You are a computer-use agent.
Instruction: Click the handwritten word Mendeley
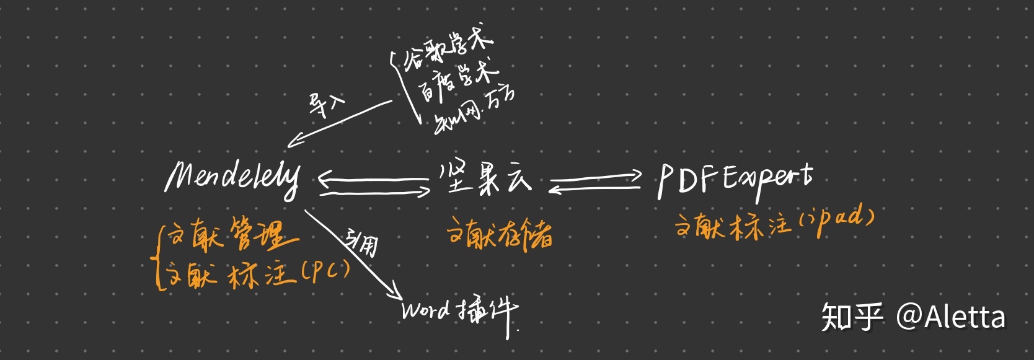[232, 178]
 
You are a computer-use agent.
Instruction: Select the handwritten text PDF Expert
[735, 180]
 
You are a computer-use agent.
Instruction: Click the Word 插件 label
[459, 310]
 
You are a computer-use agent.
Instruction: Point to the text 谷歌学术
[448, 50]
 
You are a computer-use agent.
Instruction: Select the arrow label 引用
[363, 241]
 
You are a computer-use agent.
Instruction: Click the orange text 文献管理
[233, 235]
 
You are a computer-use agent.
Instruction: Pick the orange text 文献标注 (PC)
[258, 273]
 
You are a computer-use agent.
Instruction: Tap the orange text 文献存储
[500, 234]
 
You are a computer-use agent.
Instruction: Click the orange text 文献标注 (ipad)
[775, 223]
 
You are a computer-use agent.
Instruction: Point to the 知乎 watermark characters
[852, 317]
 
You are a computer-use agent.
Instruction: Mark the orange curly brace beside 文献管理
[160, 257]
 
